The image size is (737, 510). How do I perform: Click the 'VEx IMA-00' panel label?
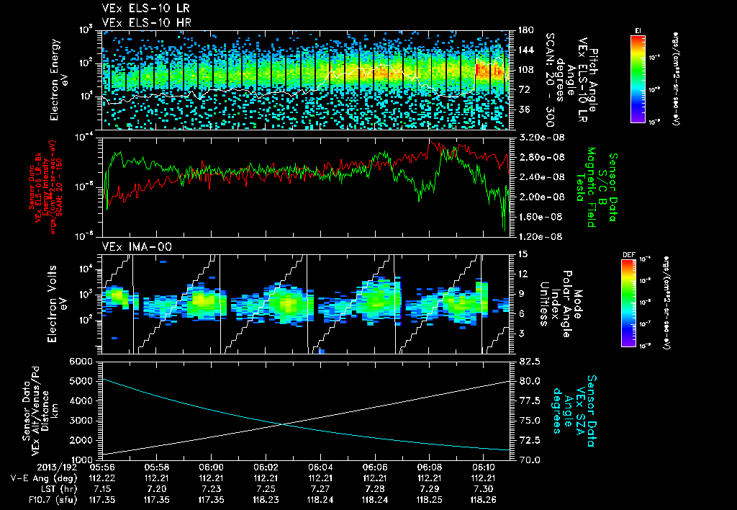131,246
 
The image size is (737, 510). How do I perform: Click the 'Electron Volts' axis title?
55,303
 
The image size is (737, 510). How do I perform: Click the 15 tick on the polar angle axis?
523,254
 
